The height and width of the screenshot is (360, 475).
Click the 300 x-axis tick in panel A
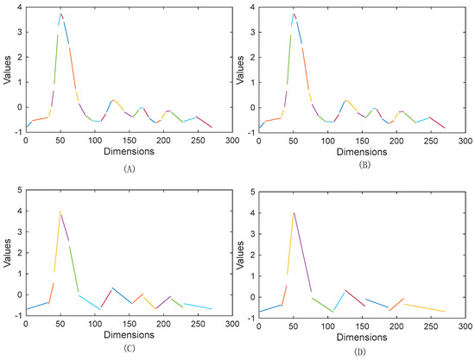coord(231,139)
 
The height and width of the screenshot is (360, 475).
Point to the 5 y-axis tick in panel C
coord(18,189)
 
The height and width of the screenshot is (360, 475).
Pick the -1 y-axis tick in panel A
coord(16,131)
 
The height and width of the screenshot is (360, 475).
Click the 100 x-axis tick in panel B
coord(328,139)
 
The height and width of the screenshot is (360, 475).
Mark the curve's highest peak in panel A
coord(60,14)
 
